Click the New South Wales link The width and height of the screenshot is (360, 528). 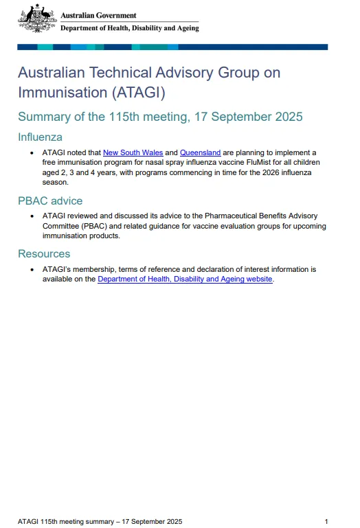133,152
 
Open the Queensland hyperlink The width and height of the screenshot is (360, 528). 200,152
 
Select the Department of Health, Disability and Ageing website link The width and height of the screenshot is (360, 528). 185,279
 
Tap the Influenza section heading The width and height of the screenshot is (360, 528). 40,137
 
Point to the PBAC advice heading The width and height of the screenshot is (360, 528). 50,200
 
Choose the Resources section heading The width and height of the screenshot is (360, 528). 44,254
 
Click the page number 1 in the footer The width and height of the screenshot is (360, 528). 326,521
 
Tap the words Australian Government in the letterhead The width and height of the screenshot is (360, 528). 98,15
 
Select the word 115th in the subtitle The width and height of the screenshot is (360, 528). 125,116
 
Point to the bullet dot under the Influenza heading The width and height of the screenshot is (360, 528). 32,153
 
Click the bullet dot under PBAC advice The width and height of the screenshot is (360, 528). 32,216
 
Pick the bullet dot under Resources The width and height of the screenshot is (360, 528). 32,270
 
